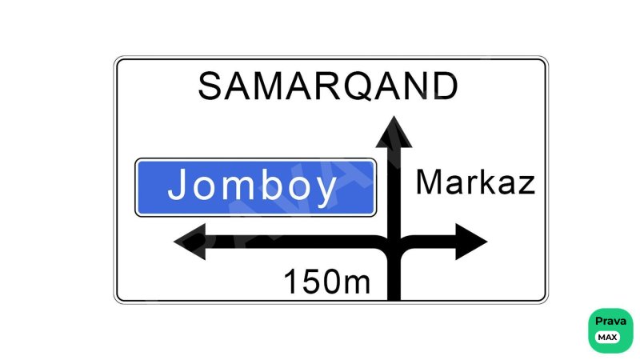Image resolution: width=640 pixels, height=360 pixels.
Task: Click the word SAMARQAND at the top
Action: [x=328, y=86]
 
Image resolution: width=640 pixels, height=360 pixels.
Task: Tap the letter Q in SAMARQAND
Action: [x=357, y=86]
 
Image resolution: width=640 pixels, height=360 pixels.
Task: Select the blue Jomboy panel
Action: [x=255, y=187]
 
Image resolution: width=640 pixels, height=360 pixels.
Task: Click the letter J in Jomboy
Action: [x=177, y=184]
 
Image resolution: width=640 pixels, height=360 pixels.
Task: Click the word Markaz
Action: [x=475, y=182]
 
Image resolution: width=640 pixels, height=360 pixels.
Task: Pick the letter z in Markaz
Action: [x=526, y=186]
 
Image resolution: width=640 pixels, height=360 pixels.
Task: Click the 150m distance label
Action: [x=327, y=282]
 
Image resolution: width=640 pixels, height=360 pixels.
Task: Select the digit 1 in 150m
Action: [x=290, y=282]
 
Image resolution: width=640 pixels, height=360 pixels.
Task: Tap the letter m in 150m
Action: [x=356, y=284]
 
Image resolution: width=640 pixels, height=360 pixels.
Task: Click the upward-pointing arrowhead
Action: [x=394, y=132]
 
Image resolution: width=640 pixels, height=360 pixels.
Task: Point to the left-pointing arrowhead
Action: [x=190, y=242]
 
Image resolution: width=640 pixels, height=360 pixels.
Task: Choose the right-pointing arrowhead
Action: [x=471, y=242]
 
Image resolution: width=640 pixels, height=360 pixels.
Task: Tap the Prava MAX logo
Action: [x=610, y=330]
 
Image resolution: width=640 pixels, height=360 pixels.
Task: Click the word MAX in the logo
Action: [x=608, y=338]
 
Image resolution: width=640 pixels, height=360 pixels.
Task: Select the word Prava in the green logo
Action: [x=610, y=322]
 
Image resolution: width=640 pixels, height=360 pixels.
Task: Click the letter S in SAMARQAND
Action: [x=210, y=86]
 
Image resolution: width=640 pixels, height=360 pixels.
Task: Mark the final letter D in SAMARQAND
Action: [x=446, y=86]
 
